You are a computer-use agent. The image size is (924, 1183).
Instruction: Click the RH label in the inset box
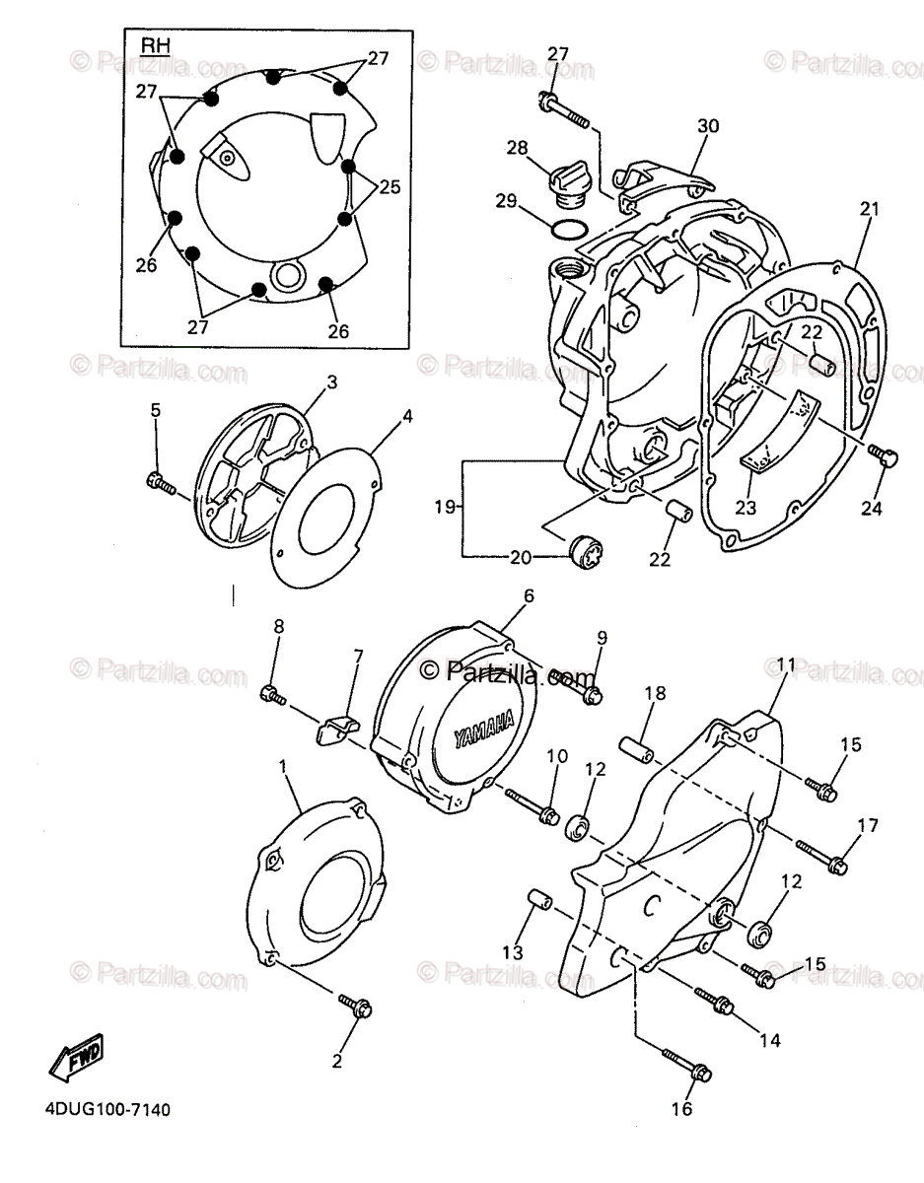point(155,45)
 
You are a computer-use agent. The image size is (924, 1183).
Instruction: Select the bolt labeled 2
point(355,1006)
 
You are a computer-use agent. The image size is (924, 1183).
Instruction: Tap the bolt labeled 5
point(160,482)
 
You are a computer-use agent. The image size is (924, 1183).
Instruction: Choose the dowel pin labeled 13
point(537,904)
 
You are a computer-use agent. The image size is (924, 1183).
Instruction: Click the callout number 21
point(868,209)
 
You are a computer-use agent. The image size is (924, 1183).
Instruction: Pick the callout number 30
point(708,126)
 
